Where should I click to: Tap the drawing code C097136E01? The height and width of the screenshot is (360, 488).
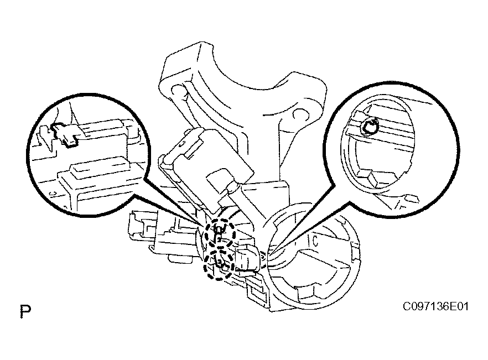(x=435, y=306)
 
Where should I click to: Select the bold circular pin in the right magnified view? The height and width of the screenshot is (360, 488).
(x=370, y=127)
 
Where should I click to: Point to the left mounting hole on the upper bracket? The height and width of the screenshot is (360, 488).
(x=178, y=91)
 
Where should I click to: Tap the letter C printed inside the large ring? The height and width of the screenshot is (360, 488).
(x=315, y=241)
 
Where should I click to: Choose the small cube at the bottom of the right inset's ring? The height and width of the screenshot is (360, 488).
(x=377, y=179)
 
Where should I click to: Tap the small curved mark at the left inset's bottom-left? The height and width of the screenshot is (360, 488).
(x=52, y=193)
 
